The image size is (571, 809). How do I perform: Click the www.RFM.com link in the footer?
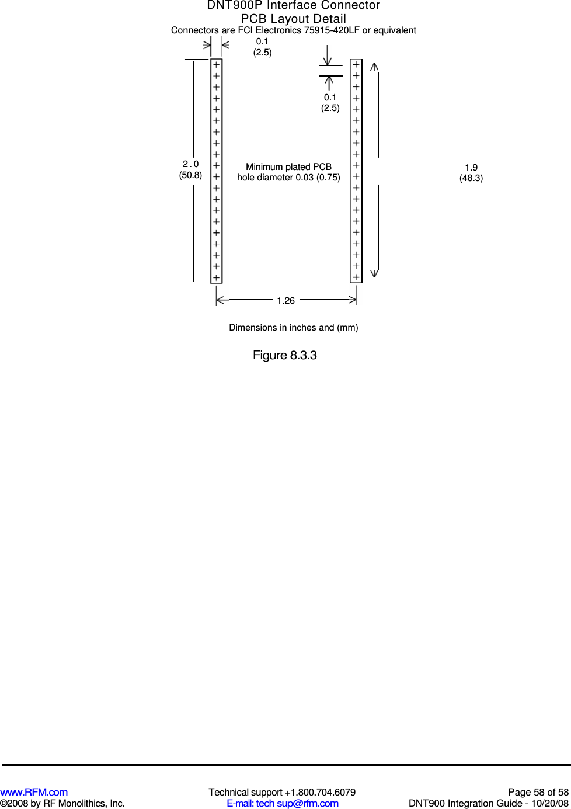(x=34, y=792)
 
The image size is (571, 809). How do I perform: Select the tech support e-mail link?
(x=283, y=803)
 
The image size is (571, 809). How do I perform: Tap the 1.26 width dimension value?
(x=285, y=300)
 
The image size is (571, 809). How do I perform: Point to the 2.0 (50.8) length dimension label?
(x=190, y=169)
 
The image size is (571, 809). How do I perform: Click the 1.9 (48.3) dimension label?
(x=471, y=173)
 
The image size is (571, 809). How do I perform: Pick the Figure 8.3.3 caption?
(x=284, y=355)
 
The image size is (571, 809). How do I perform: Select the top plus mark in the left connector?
(x=216, y=65)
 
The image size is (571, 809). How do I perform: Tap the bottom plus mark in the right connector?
(x=356, y=277)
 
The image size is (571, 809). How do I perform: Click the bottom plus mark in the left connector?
(x=216, y=277)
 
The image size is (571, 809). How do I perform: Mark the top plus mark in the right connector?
(x=356, y=64)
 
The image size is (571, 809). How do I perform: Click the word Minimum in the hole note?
(x=264, y=167)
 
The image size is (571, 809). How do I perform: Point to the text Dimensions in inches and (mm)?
(x=293, y=328)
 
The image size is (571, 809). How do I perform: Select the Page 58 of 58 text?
(x=538, y=792)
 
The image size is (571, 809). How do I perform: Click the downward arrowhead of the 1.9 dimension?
(x=375, y=273)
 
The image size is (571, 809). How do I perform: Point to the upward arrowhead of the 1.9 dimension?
(x=375, y=67)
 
